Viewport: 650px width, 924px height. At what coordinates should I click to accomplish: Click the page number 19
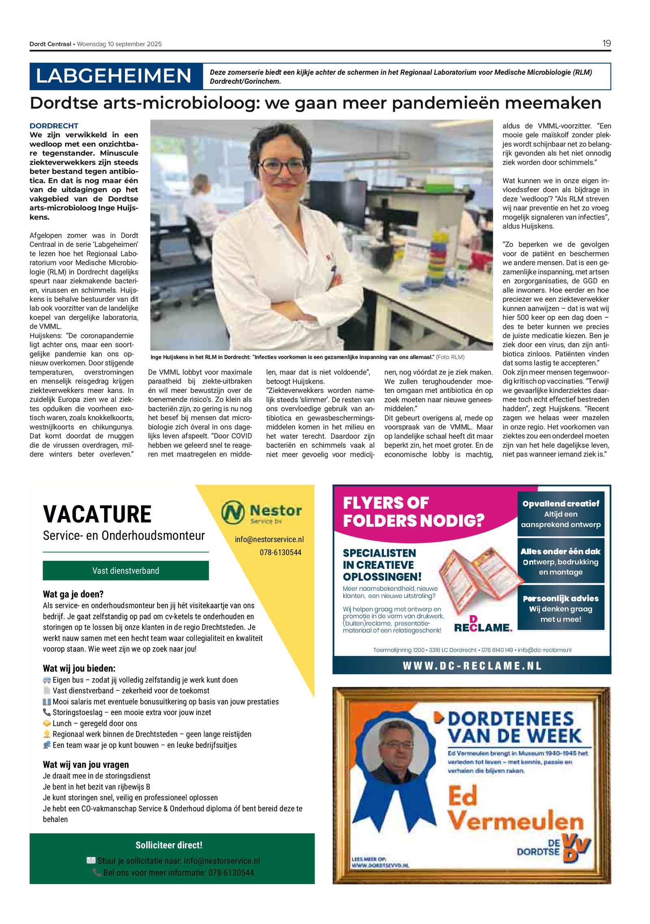coord(606,43)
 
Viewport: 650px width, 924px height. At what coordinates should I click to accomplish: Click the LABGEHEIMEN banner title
coord(114,76)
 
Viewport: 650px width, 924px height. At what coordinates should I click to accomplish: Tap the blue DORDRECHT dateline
coord(54,126)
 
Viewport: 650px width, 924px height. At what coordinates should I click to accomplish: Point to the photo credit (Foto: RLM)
coord(450,357)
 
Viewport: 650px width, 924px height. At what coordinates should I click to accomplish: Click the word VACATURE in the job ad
coord(97,514)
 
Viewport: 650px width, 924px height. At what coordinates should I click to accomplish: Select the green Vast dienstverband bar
coord(126,570)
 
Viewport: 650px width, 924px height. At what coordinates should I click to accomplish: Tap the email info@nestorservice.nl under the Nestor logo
coord(269,539)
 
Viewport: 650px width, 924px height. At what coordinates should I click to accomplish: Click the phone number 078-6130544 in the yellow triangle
coord(280,552)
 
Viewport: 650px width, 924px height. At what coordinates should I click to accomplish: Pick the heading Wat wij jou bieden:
coord(79,668)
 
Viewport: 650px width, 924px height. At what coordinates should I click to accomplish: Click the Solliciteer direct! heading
coord(169,845)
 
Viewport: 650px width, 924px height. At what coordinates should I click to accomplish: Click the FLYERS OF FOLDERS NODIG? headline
coord(414,512)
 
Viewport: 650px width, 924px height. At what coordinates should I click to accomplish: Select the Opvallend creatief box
coord(560,514)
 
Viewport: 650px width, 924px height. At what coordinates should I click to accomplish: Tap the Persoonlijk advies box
coord(560,608)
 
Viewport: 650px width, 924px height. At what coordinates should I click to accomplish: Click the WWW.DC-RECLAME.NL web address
coord(472,666)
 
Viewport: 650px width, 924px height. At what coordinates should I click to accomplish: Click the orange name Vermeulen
coord(515,820)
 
